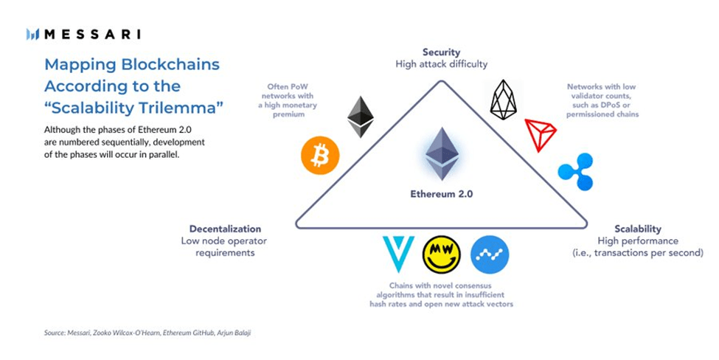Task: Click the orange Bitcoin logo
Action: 320,156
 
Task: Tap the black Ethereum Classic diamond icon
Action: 361,117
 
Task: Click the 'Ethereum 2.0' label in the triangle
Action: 442,195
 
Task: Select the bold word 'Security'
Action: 441,52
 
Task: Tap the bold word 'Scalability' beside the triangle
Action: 638,229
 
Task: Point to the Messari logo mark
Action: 32,34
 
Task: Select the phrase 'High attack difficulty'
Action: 441,64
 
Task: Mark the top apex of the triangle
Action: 442,82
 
